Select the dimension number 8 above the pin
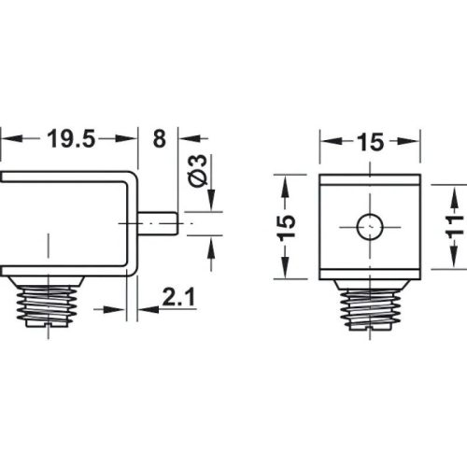pyautogui.click(x=158, y=139)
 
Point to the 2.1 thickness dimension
pyautogui.click(x=177, y=299)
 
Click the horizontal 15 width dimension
pyautogui.click(x=368, y=143)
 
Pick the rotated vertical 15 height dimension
pyautogui.click(x=288, y=224)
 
